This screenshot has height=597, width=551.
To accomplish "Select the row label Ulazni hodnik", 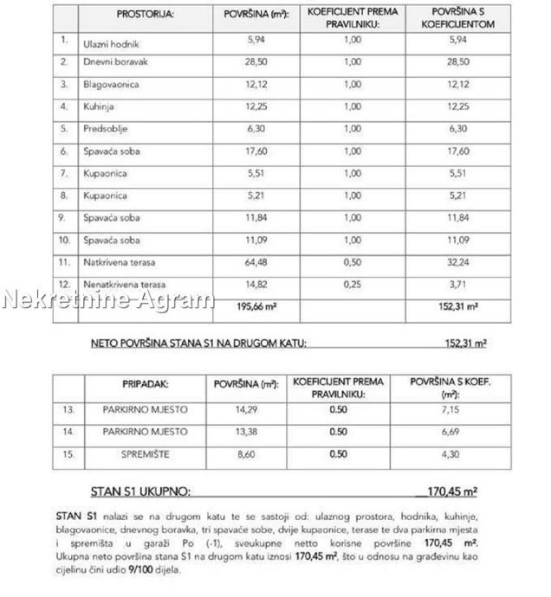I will (x=112, y=42).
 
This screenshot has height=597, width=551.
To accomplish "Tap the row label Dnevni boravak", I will (x=114, y=63).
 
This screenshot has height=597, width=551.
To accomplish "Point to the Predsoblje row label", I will (x=103, y=129).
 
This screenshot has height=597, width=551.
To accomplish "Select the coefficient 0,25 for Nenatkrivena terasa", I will (x=352, y=284).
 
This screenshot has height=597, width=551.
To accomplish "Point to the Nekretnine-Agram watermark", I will (x=108, y=301).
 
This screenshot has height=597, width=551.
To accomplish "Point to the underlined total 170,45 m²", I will (x=454, y=492).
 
